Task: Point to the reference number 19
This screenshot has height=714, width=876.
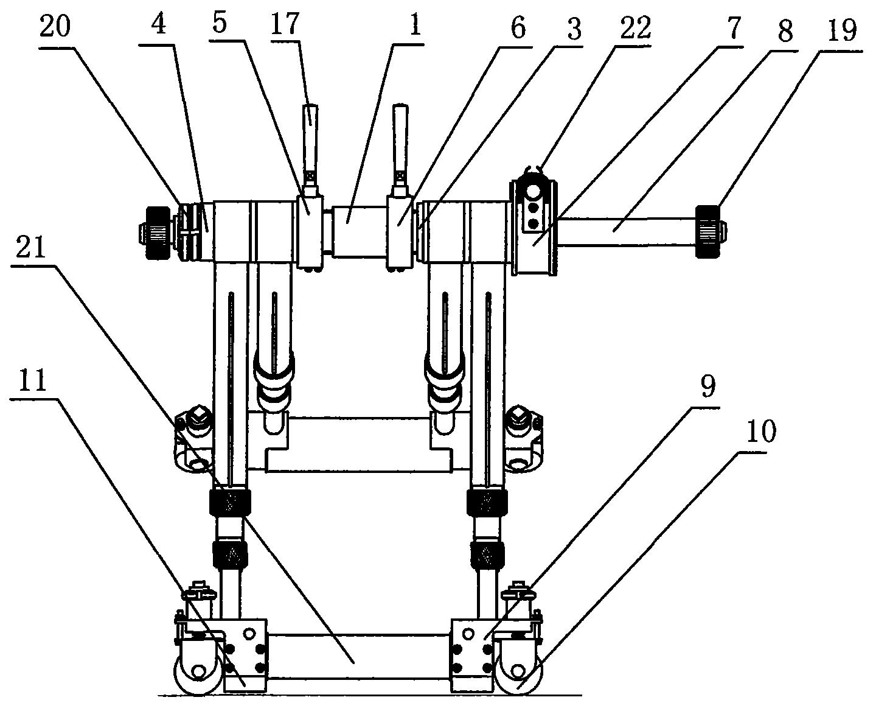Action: [x=842, y=31]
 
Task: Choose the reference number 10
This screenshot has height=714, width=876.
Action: [x=761, y=432]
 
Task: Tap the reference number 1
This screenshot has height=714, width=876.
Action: [x=415, y=26]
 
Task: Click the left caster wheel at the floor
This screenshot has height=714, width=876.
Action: [x=199, y=674]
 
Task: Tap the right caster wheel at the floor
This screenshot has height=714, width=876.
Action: [x=519, y=674]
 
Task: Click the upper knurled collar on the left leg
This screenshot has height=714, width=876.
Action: [x=230, y=502]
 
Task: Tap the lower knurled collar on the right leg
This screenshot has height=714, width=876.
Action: [x=487, y=553]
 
